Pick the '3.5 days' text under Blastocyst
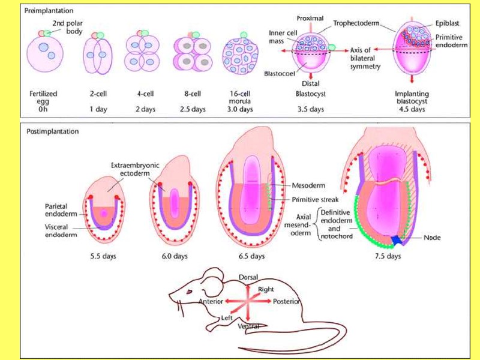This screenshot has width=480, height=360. (x=310, y=110)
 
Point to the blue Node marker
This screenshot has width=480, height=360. (x=397, y=240)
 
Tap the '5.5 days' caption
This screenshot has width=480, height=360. (x=103, y=256)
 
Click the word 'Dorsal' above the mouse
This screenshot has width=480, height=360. (x=248, y=278)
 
